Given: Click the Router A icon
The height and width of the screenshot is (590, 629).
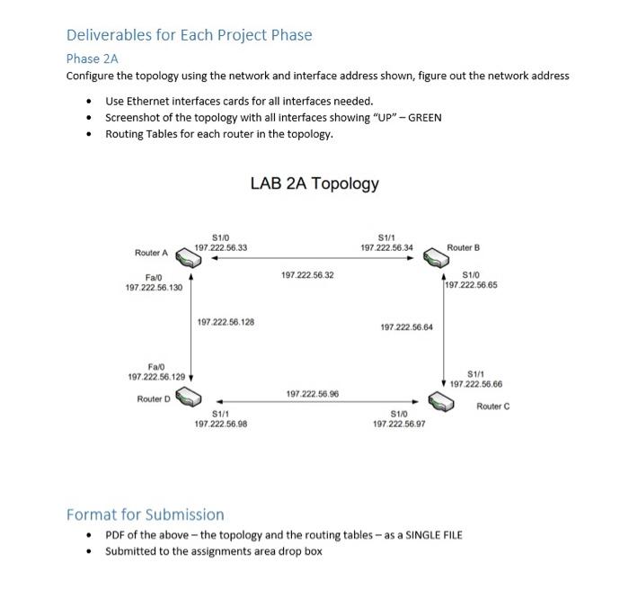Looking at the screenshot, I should (x=189, y=259).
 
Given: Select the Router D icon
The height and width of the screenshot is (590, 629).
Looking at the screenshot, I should (x=189, y=397).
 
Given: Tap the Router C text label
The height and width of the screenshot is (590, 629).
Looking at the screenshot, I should (x=493, y=407).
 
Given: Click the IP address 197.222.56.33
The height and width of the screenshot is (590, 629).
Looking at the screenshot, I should (x=221, y=246).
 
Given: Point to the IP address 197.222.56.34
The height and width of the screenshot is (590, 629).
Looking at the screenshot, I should (x=387, y=247).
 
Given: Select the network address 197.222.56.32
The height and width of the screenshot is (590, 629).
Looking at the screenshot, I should (x=307, y=275).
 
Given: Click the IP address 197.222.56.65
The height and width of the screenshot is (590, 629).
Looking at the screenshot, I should (x=472, y=285).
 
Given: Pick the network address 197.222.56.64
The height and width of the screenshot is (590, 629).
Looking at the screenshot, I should (x=407, y=327).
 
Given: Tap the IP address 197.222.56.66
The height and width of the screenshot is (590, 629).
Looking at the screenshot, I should (x=476, y=384).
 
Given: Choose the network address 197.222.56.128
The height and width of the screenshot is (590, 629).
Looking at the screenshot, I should (x=226, y=321).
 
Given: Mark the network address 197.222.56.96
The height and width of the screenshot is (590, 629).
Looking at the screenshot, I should (x=312, y=394).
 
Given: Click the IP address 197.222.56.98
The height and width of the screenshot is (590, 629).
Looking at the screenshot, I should (x=221, y=423).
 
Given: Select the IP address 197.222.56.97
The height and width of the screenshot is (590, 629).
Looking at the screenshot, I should (x=399, y=423).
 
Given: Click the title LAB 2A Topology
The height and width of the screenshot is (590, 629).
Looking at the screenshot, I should (x=314, y=183).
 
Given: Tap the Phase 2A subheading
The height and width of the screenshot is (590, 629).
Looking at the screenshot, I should (x=92, y=58).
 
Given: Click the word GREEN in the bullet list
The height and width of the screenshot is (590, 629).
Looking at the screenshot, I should (x=424, y=117).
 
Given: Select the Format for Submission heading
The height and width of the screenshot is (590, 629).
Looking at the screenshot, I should (x=146, y=514).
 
